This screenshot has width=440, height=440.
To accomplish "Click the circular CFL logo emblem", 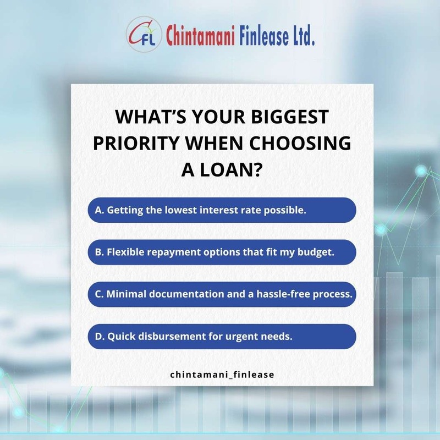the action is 144,34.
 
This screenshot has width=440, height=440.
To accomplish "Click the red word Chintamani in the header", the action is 200,36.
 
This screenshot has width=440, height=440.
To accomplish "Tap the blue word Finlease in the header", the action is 264,36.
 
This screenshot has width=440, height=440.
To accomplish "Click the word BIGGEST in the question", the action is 290,117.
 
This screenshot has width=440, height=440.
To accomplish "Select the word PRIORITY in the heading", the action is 136,143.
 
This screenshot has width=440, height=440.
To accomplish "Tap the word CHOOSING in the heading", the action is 300,143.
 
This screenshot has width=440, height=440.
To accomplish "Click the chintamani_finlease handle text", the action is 222,375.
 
